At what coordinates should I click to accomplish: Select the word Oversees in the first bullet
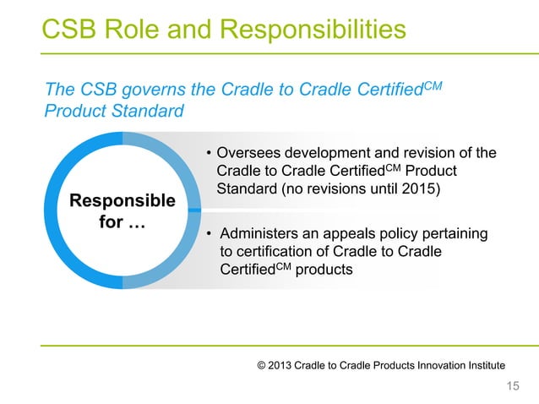pyautogui.click(x=249, y=153)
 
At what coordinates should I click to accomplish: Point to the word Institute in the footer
pyautogui.click(x=483, y=364)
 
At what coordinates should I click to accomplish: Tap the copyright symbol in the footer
pyautogui.click(x=261, y=364)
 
